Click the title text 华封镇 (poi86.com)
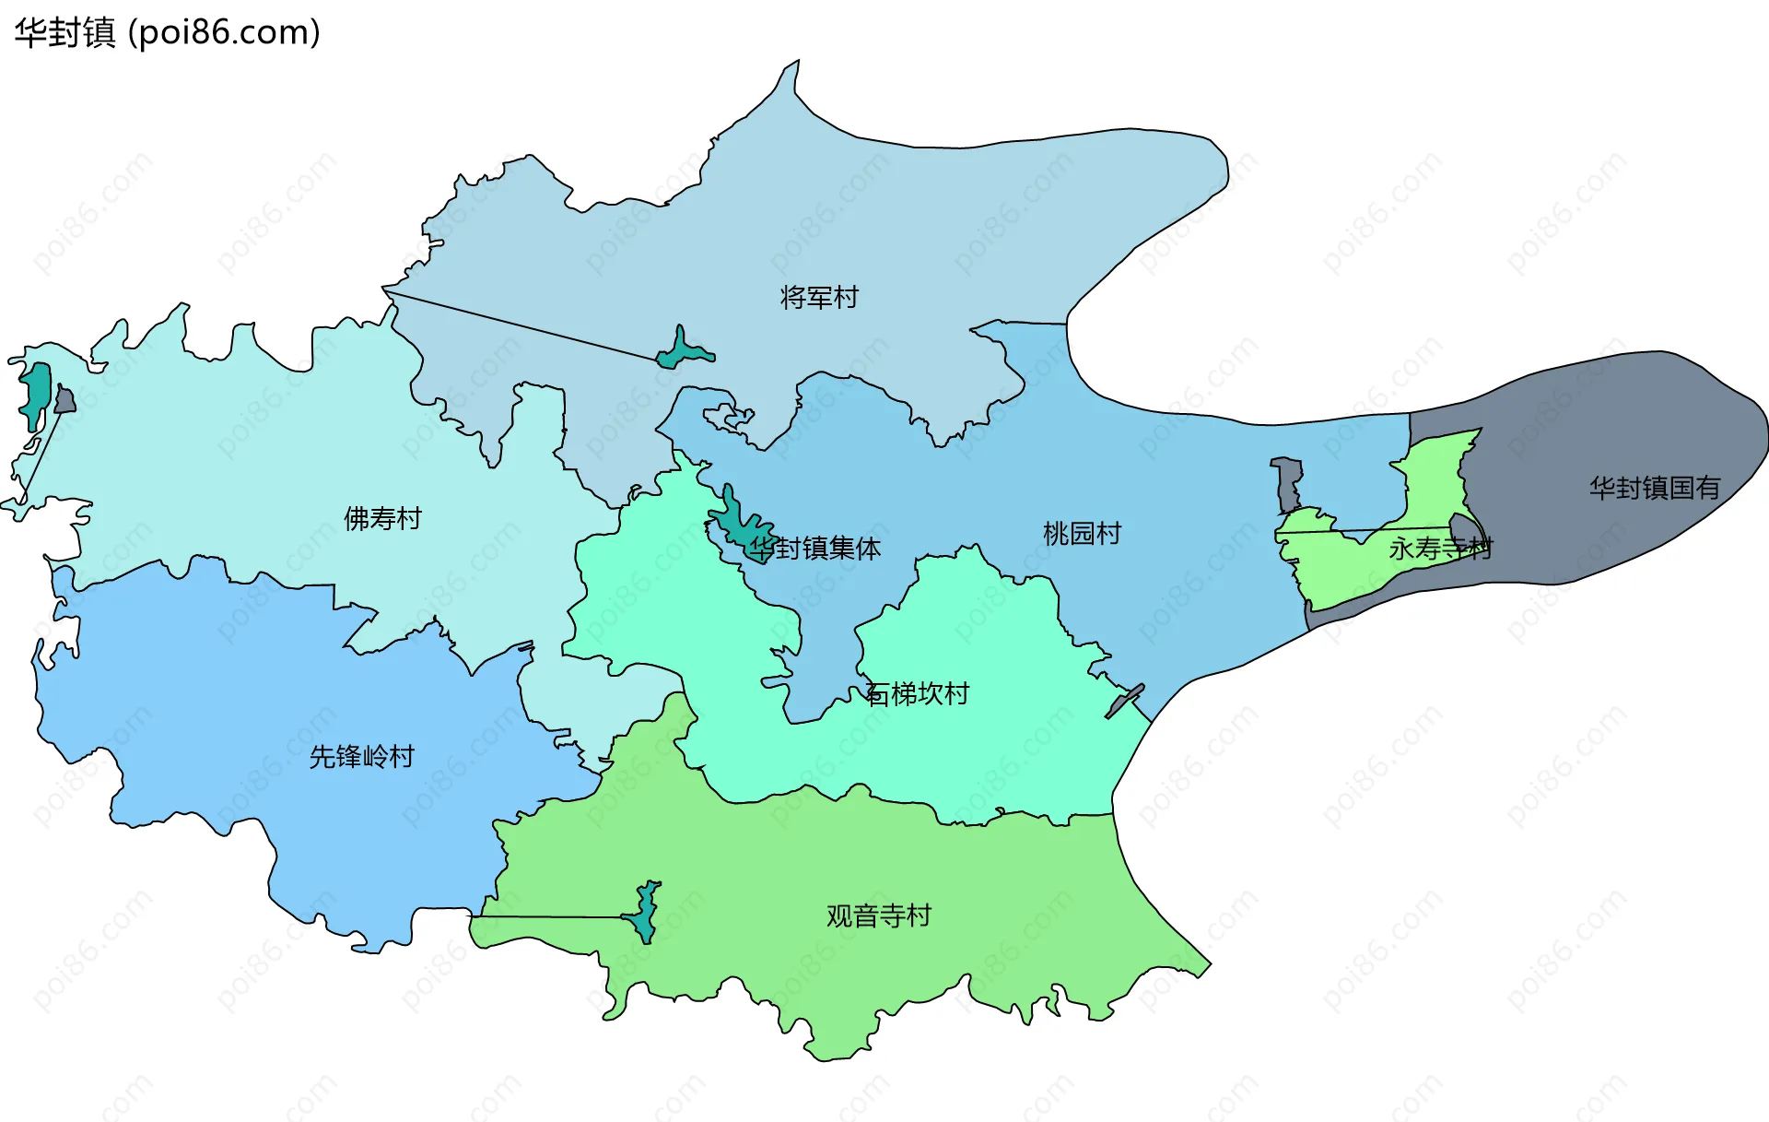click(x=167, y=33)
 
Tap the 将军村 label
click(x=818, y=297)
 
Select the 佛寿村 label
click(x=382, y=518)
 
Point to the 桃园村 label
click(x=1082, y=533)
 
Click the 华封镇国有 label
click(x=1654, y=488)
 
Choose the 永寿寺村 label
click(x=1439, y=549)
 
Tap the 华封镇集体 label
click(x=815, y=549)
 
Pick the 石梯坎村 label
click(x=918, y=693)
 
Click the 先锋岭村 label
click(x=361, y=756)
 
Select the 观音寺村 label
click(x=878, y=915)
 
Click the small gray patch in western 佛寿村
click(x=64, y=400)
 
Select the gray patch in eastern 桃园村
click(x=1287, y=484)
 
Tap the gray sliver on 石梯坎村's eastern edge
click(x=1125, y=701)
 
